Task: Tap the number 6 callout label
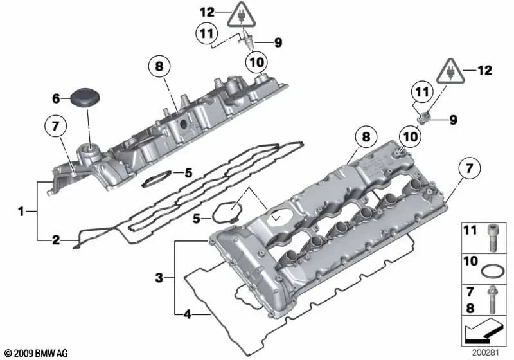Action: (x=56, y=98)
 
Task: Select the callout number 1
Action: (x=21, y=210)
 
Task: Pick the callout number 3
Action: (x=158, y=278)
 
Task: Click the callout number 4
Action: (x=187, y=315)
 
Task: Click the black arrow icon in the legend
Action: (x=484, y=333)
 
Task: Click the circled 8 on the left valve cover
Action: (x=161, y=66)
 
